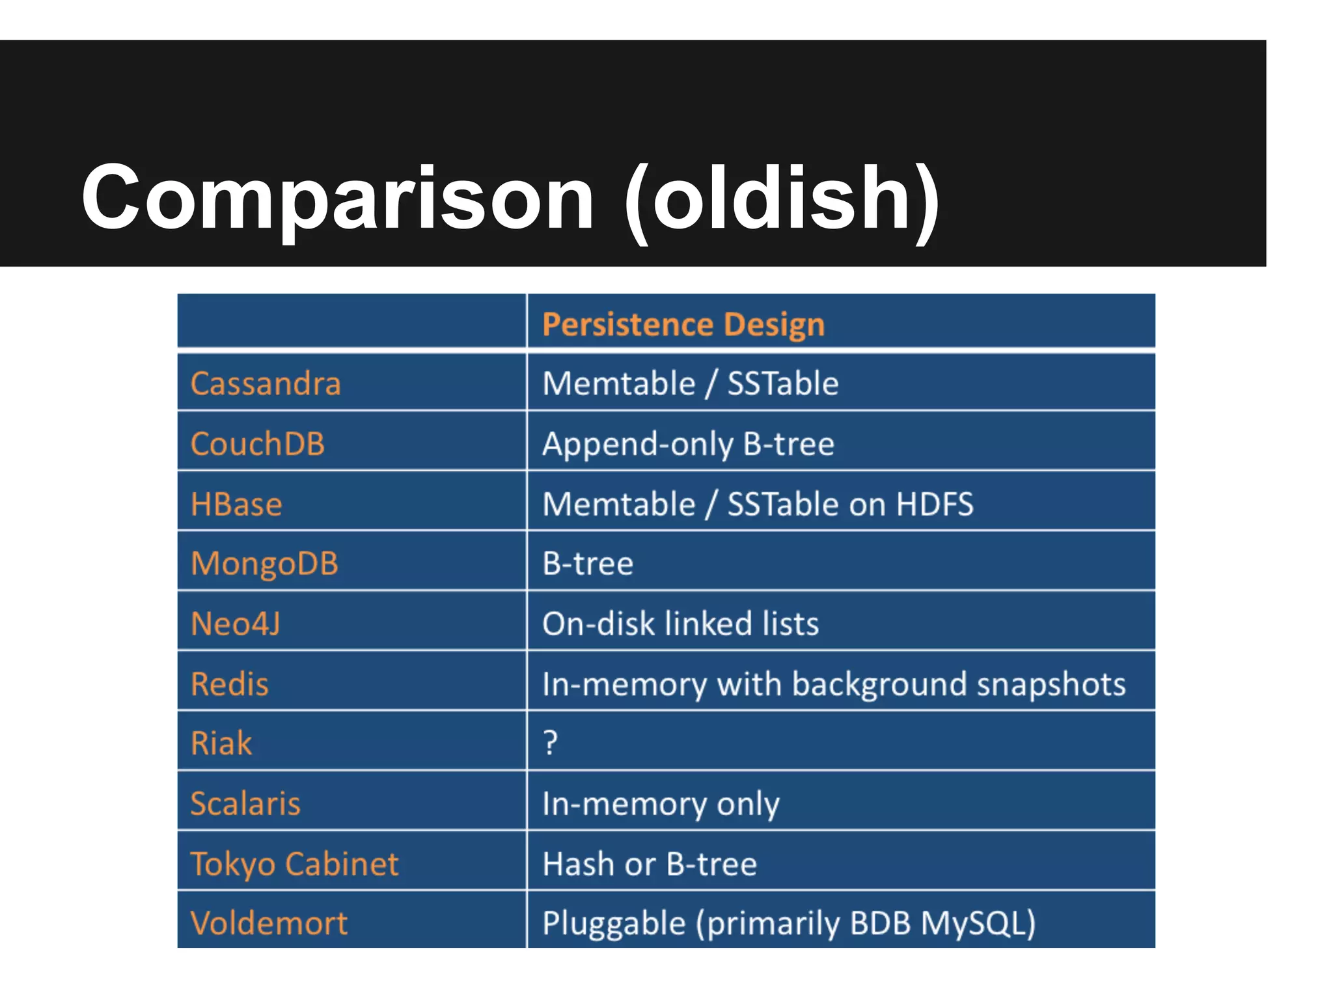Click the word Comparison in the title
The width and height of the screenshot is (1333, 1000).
click(x=337, y=198)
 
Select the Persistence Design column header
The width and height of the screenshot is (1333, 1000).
click(x=683, y=324)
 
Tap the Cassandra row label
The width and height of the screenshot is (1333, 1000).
click(x=266, y=383)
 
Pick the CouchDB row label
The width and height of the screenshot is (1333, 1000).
click(x=258, y=444)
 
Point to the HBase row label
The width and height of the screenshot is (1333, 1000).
click(x=236, y=505)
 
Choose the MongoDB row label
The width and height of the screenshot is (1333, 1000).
click(x=265, y=564)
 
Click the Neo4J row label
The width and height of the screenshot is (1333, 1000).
click(x=236, y=624)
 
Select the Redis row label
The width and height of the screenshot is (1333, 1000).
click(x=230, y=684)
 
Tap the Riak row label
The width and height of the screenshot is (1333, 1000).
click(x=221, y=743)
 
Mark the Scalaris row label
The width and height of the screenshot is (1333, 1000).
click(x=245, y=803)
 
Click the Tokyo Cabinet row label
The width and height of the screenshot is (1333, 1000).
click(x=294, y=864)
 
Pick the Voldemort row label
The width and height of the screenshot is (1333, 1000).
click(x=269, y=923)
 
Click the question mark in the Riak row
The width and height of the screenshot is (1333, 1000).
click(x=551, y=743)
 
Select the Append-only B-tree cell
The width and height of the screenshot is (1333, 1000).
click(x=688, y=444)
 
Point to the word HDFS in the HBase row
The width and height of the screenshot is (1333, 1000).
click(x=935, y=505)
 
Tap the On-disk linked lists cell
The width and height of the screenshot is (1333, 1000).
click(x=680, y=624)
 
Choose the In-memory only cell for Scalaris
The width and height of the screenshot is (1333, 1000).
click(x=661, y=804)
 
